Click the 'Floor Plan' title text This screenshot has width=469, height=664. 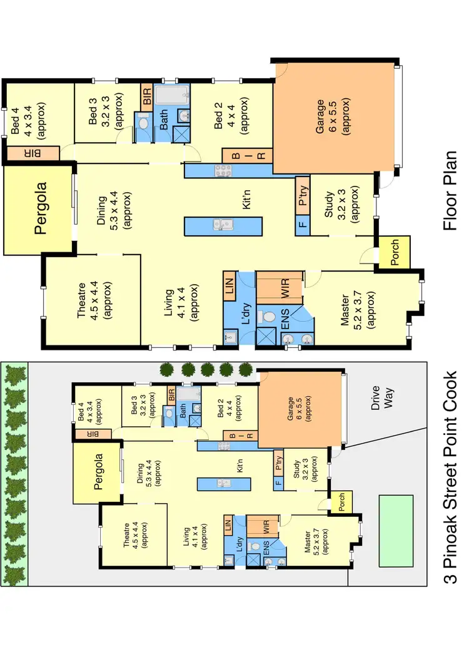(x=451, y=190)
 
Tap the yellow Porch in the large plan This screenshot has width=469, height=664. (x=395, y=253)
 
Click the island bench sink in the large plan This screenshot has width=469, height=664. (x=223, y=224)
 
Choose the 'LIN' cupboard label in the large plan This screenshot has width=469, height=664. (x=228, y=289)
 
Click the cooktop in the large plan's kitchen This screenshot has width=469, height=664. (x=223, y=169)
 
